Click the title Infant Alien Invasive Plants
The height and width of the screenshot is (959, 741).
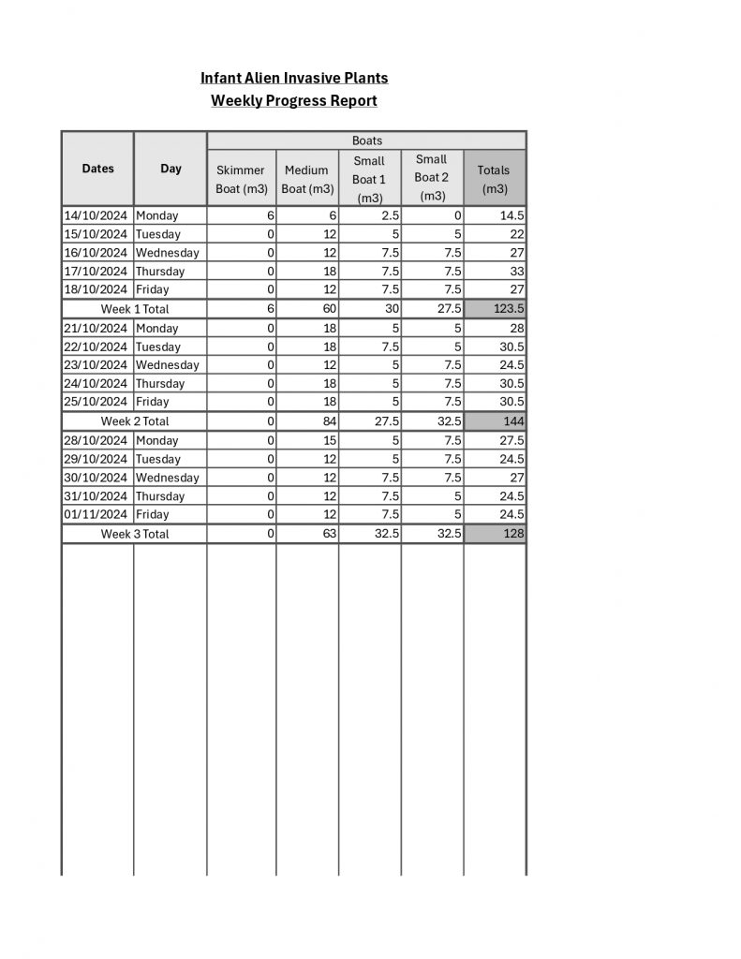click(x=294, y=78)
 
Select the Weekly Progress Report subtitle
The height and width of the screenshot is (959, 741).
click(x=294, y=100)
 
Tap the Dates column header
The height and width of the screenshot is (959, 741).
click(x=98, y=169)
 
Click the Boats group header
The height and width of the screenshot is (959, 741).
click(x=366, y=140)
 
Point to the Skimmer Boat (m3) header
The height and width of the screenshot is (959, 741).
click(x=242, y=179)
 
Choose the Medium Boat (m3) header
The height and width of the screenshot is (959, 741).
click(x=307, y=179)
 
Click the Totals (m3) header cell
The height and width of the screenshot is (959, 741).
click(x=494, y=179)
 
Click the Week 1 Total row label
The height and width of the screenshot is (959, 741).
click(x=135, y=308)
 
